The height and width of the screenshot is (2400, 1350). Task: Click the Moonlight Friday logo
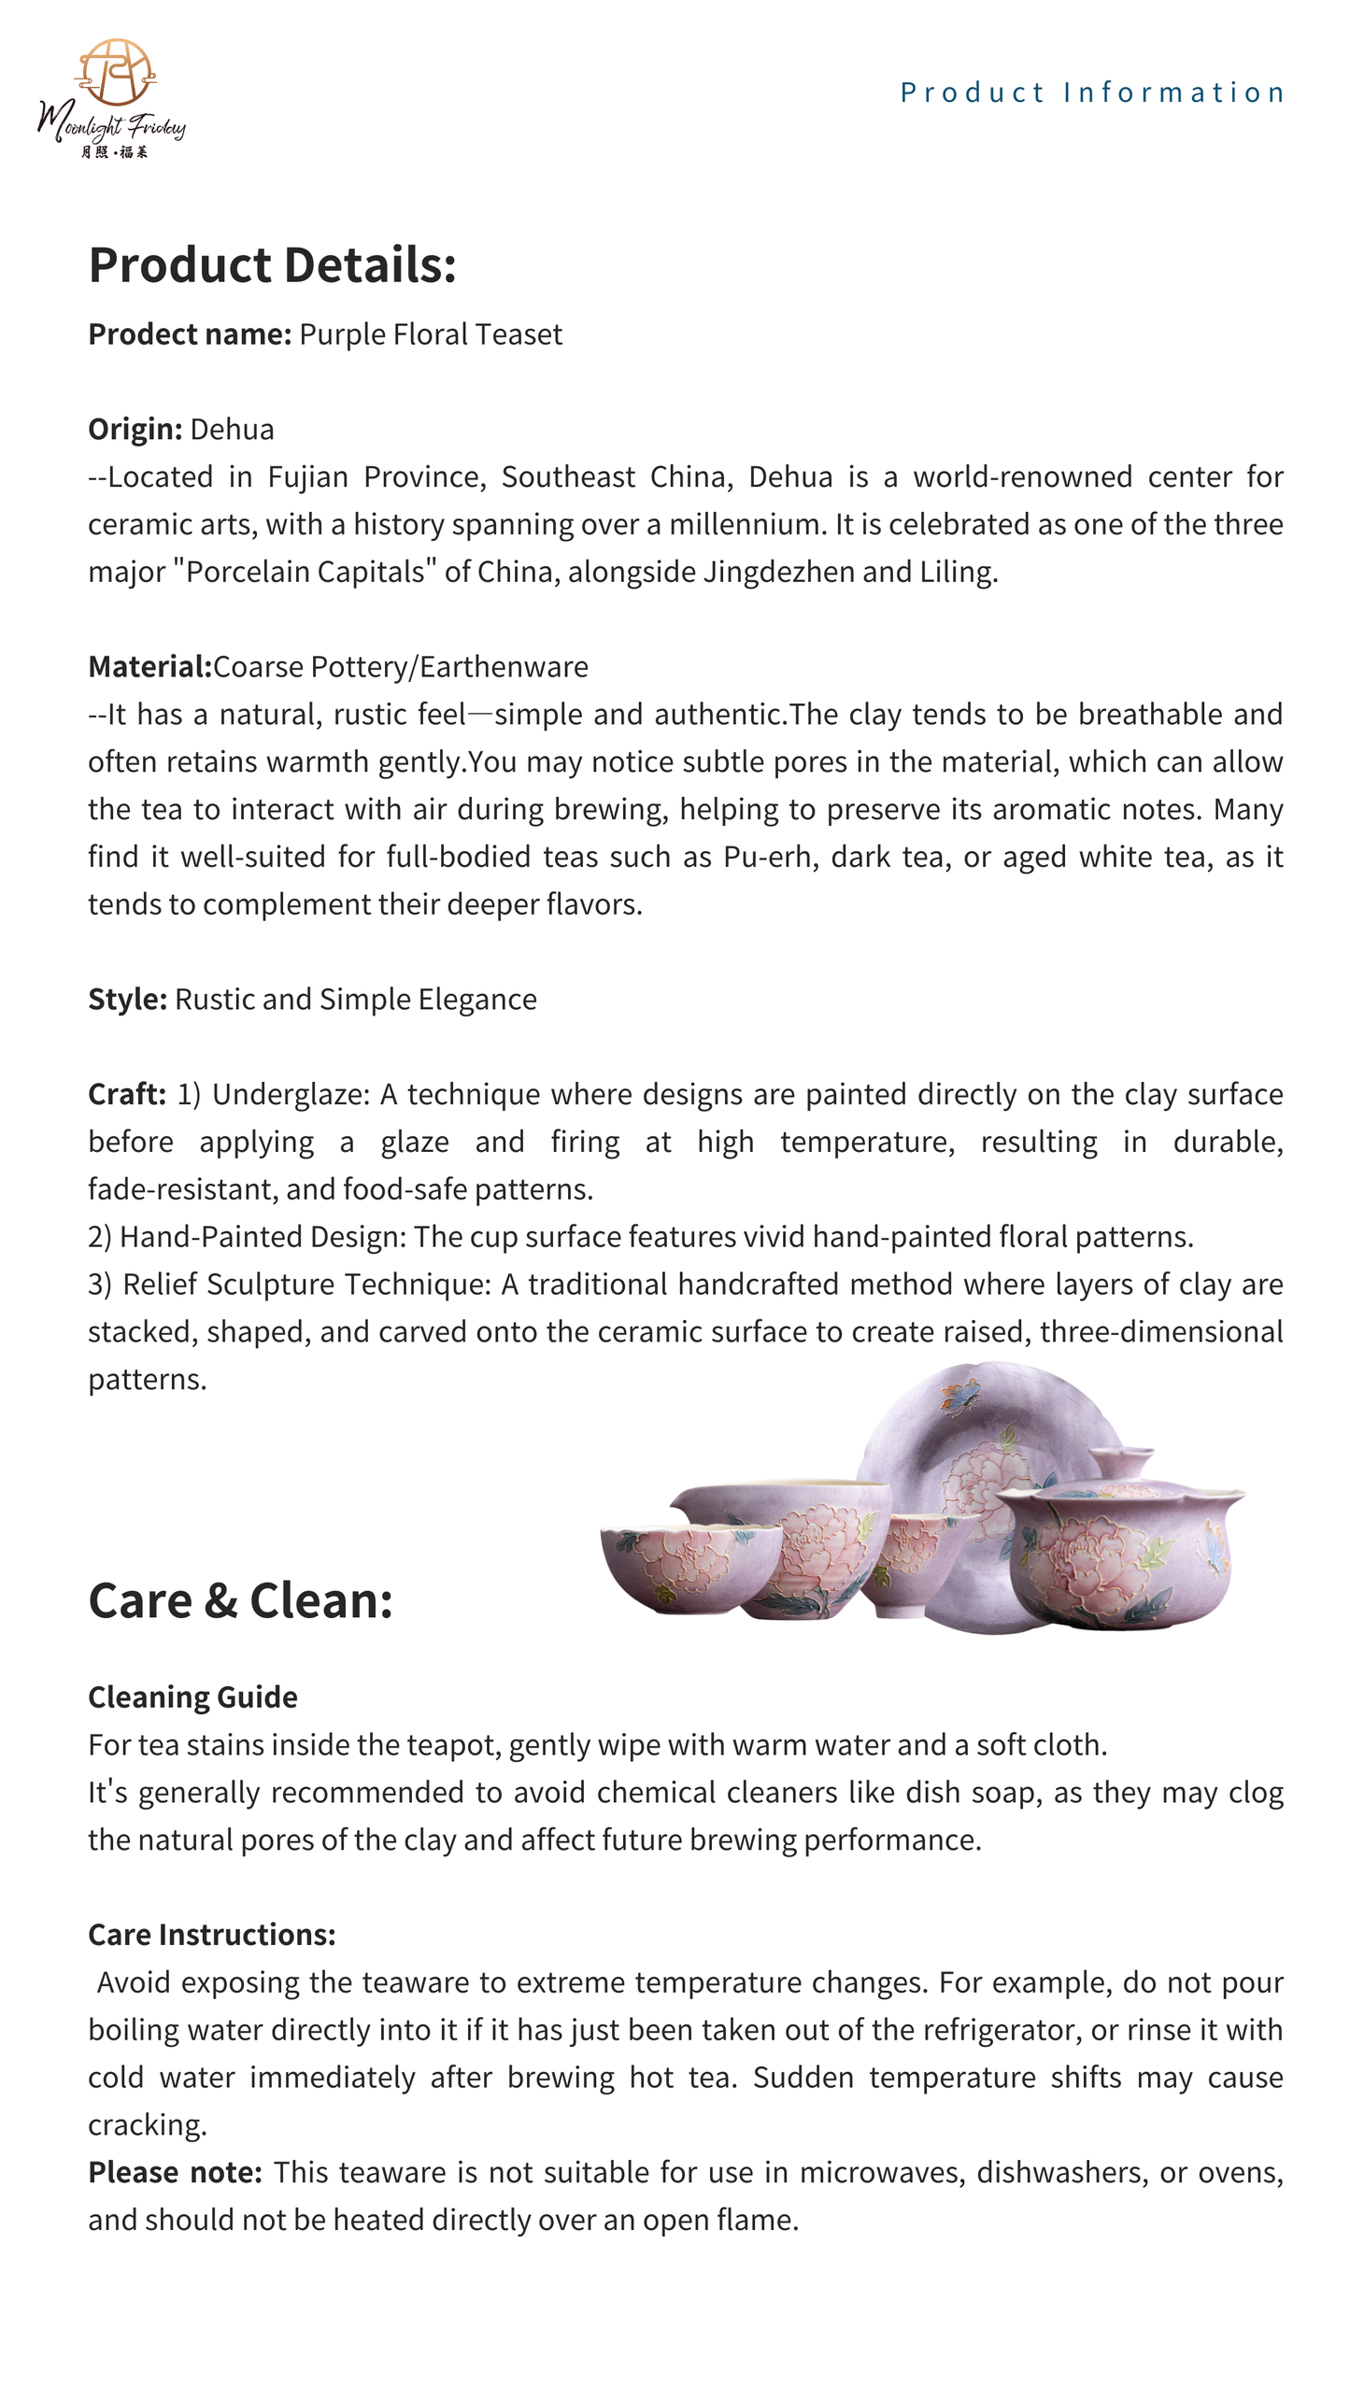(111, 98)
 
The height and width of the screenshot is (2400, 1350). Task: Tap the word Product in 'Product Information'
(971, 92)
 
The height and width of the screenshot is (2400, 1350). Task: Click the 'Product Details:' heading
(272, 264)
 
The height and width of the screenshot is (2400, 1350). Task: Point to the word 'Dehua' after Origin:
(232, 430)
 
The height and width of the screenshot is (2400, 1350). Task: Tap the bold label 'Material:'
(149, 667)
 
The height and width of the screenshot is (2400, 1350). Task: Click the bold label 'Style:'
(127, 1000)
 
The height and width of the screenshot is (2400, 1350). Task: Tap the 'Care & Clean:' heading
(240, 1600)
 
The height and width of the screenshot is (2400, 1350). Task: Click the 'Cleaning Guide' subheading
(192, 1697)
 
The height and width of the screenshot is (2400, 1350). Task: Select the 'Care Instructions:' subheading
(211, 1935)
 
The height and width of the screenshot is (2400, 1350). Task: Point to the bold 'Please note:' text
(175, 2172)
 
